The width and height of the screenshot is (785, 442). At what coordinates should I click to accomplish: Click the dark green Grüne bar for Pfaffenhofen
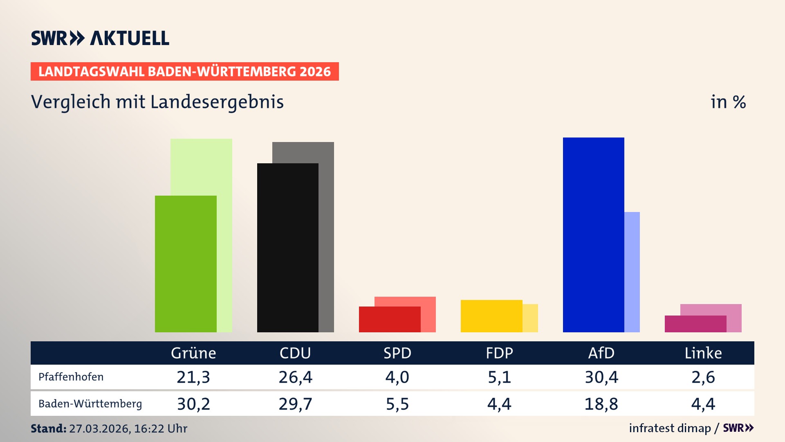coord(186,264)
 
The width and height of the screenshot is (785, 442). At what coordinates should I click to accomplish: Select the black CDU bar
coord(287,248)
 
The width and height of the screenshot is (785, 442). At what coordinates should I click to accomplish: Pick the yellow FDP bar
coord(491,316)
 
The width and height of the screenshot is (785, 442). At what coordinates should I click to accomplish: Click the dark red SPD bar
coord(389,319)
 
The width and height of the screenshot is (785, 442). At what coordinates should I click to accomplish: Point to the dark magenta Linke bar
coord(695,324)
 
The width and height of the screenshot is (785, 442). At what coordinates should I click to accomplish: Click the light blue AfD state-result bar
coord(632,272)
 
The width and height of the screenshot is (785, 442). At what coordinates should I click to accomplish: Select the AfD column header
coord(601,353)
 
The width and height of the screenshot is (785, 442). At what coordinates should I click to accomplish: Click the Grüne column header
coord(193,353)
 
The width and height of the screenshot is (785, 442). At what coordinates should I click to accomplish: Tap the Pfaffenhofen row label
coord(71,377)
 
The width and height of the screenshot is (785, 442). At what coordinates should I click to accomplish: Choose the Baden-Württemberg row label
coord(90,404)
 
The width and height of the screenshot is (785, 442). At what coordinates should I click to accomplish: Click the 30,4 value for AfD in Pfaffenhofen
coord(601,377)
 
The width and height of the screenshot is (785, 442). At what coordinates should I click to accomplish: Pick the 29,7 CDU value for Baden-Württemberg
coord(295,404)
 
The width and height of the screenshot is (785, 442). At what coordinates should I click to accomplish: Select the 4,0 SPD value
coord(397,377)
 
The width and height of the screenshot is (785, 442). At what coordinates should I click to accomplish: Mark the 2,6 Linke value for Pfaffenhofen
coord(703,377)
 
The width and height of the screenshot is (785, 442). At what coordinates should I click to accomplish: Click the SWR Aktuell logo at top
coord(100,38)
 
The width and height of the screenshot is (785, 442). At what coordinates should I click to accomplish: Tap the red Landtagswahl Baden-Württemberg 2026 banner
coord(184,72)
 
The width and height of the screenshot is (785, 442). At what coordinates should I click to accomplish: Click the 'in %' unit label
coord(728,102)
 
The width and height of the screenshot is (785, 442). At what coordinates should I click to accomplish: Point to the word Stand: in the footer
coord(48,428)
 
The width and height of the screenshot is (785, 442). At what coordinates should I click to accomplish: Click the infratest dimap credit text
coord(670,428)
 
